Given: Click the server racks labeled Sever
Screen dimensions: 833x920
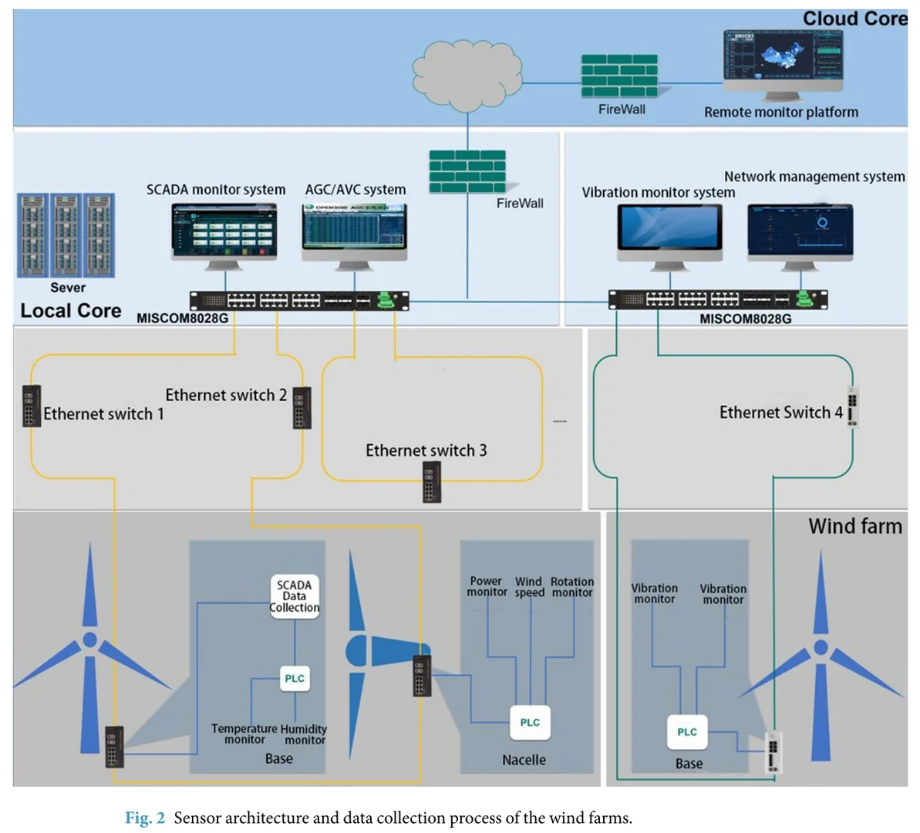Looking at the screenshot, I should click(x=66, y=235).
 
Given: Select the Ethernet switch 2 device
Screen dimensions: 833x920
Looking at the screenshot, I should click(x=302, y=406).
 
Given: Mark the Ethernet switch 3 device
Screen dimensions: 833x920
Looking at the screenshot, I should click(x=432, y=481).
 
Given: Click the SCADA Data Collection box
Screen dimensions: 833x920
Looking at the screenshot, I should click(x=294, y=596).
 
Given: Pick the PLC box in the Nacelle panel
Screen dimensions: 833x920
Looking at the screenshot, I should click(x=530, y=723).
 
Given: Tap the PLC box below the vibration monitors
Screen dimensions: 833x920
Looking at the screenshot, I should click(x=687, y=732).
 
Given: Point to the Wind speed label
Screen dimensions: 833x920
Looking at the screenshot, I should click(x=529, y=587).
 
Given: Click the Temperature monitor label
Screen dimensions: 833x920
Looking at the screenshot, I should click(x=244, y=734).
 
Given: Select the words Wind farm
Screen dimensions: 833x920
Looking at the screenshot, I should click(x=854, y=526).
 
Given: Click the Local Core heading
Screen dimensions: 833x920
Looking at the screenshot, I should click(x=71, y=311).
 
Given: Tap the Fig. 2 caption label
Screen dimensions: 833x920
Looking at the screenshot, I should click(x=145, y=818).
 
